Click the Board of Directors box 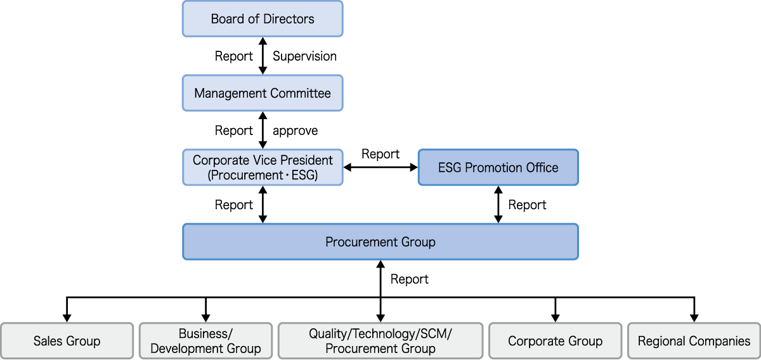point(263,18)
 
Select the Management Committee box point(263,93)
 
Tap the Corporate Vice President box point(263,167)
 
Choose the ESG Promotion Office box point(498,167)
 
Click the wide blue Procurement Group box point(380,241)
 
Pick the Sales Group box point(67,341)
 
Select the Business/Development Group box point(205,341)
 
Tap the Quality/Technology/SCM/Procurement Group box point(380,341)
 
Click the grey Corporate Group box point(555,341)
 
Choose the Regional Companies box point(694,341)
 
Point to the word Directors point(289,18)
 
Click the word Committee point(300,93)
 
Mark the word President point(306,160)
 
